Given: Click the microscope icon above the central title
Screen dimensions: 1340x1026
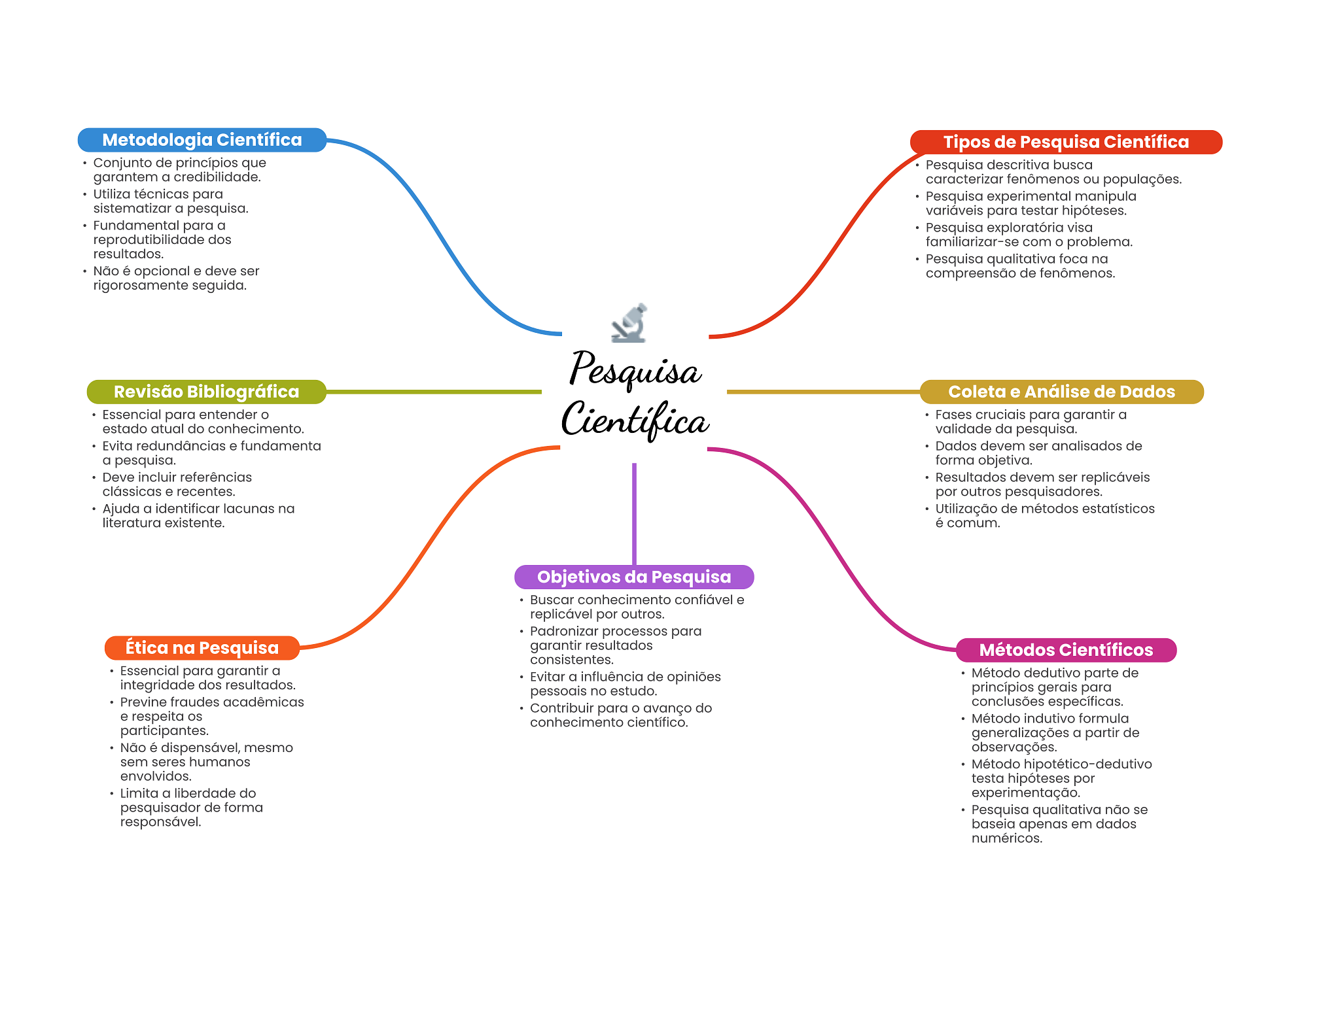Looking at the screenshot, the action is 629,323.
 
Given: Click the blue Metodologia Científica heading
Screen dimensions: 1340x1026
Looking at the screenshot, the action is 202,140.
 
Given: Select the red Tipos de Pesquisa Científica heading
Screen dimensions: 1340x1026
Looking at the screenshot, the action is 1066,142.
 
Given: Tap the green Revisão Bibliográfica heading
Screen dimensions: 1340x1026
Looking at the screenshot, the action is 206,392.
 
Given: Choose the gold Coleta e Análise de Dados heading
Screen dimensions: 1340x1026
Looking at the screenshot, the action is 1061,392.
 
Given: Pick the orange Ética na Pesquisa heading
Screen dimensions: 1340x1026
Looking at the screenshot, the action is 202,648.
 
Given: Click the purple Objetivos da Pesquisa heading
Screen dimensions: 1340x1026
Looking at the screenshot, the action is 634,577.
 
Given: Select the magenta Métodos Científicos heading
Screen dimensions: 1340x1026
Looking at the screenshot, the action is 1066,650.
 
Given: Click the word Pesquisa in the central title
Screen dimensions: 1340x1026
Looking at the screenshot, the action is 635,369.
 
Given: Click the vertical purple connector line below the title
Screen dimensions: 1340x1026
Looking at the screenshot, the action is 634,514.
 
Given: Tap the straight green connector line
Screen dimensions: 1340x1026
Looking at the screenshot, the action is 434,392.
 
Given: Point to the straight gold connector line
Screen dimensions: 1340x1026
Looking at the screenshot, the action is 823,392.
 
